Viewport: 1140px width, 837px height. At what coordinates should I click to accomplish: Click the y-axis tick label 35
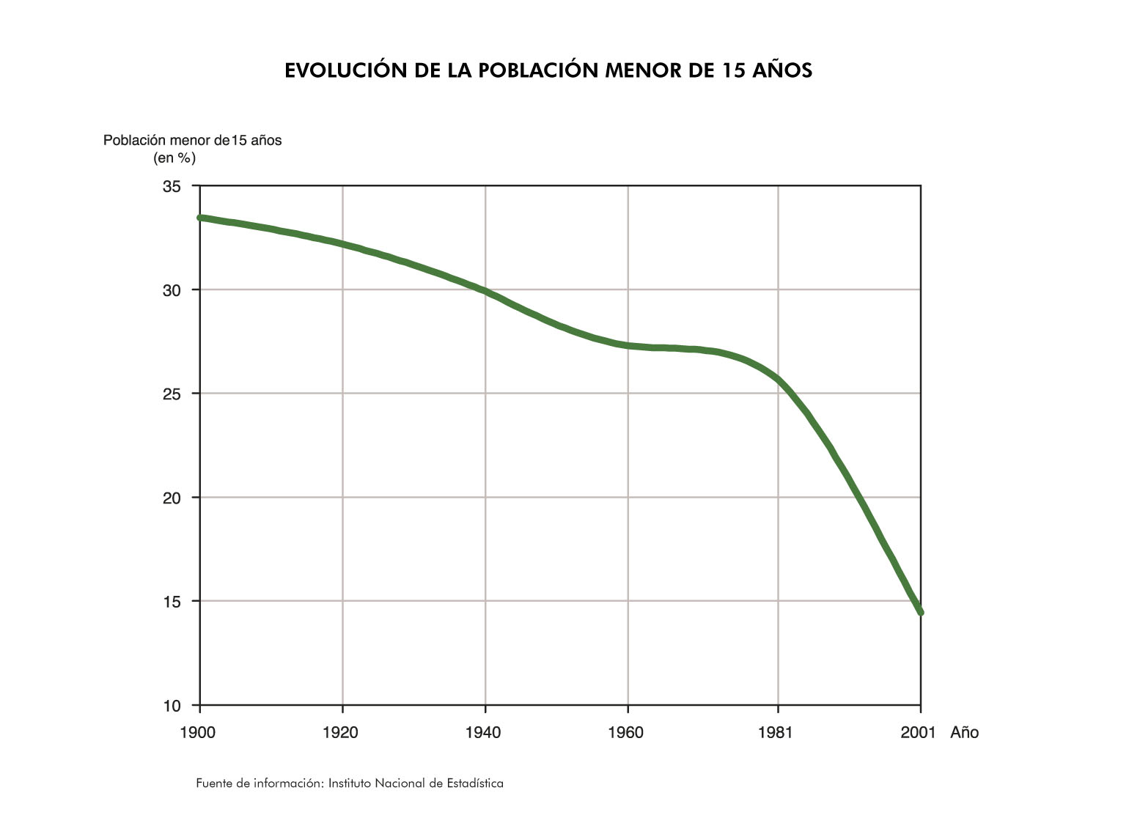tap(172, 187)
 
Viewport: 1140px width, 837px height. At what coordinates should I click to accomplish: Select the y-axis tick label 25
tap(172, 394)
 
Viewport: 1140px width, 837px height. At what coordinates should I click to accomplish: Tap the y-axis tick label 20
tap(172, 498)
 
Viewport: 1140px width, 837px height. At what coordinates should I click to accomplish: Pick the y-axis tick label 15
tap(172, 602)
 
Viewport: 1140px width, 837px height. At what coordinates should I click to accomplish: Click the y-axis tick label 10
tap(172, 707)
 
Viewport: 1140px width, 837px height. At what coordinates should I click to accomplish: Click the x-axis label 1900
tap(198, 733)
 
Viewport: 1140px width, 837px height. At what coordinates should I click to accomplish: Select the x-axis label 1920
tap(341, 733)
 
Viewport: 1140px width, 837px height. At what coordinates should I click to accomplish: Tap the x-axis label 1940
tap(484, 733)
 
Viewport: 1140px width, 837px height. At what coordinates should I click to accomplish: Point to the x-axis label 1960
tap(626, 733)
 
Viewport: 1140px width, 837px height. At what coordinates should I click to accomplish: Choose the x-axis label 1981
tap(776, 733)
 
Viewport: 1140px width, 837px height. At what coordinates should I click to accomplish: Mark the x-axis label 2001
tap(919, 733)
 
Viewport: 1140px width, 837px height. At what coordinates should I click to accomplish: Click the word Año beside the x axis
tap(965, 733)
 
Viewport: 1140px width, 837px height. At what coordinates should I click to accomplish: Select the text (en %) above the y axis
tap(174, 158)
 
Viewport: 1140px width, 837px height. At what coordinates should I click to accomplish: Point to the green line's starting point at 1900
tap(201, 218)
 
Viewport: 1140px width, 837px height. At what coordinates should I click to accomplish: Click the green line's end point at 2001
tap(920, 612)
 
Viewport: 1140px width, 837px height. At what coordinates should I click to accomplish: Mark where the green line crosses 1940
tap(485, 292)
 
